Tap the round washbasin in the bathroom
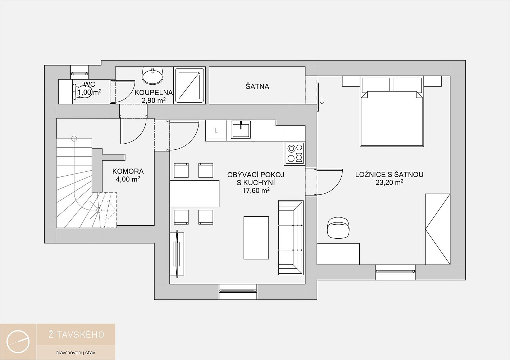coord(152,75)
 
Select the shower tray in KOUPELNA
coord(190,85)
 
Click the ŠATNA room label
coord(257,87)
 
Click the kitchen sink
coord(241,130)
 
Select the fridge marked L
coord(216,130)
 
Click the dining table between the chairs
coord(195,194)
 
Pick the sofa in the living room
coord(291,237)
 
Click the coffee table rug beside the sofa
coord(256,238)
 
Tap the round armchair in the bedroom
coord(338,227)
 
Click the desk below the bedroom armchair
coord(338,254)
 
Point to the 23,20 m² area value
coord(389,183)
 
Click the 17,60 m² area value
coord(256,190)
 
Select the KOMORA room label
coord(128,171)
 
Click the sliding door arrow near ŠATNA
coord(322,100)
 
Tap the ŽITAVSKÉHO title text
coord(76,334)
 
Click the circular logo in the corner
coord(18,342)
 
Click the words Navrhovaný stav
coord(76,353)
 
